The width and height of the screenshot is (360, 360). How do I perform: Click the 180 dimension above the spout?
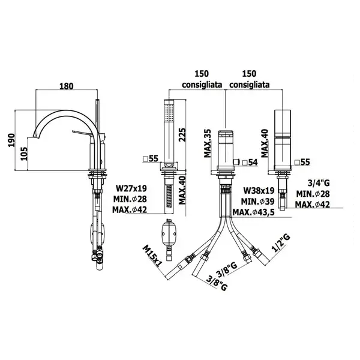click(x=67, y=86)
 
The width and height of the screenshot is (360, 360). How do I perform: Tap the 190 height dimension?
click(x=11, y=140)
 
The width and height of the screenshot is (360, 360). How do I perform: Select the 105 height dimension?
click(x=24, y=154)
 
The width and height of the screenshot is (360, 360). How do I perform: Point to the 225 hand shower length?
click(x=182, y=135)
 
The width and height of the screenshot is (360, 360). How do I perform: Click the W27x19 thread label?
click(x=131, y=188)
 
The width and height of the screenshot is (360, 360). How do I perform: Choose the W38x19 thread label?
click(x=259, y=190)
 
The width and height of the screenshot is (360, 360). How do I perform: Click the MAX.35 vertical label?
click(x=208, y=143)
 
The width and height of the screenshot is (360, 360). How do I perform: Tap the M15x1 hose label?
click(x=152, y=256)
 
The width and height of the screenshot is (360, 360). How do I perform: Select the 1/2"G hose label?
click(x=282, y=243)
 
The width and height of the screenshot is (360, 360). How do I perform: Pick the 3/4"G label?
click(x=319, y=183)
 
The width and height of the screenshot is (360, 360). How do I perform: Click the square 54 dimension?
click(x=250, y=163)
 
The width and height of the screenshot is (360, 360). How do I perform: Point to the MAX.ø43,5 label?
click(x=254, y=212)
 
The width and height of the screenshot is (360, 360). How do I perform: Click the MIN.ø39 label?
click(x=257, y=202)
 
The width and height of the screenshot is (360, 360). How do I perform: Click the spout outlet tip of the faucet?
click(x=36, y=136)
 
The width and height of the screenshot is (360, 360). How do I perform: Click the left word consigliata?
click(x=202, y=85)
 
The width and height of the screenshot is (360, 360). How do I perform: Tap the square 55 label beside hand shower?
click(x=151, y=158)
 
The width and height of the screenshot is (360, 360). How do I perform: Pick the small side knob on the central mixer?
click(x=236, y=163)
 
